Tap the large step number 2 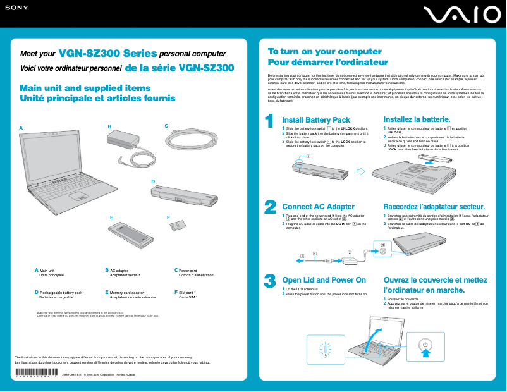pyautogui.click(x=270, y=207)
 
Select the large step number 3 pyautogui.click(x=270, y=280)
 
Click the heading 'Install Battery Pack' pyautogui.click(x=315, y=120)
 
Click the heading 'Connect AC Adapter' pyautogui.click(x=318, y=207)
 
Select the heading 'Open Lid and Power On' pyautogui.click(x=324, y=280)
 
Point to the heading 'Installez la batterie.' pyautogui.click(x=417, y=119)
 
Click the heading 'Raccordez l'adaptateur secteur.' pyautogui.click(x=434, y=207)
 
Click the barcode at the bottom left pyautogui.click(x=35, y=371)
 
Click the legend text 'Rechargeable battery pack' pyautogui.click(x=61, y=293)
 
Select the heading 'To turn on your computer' pyautogui.click(x=315, y=51)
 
